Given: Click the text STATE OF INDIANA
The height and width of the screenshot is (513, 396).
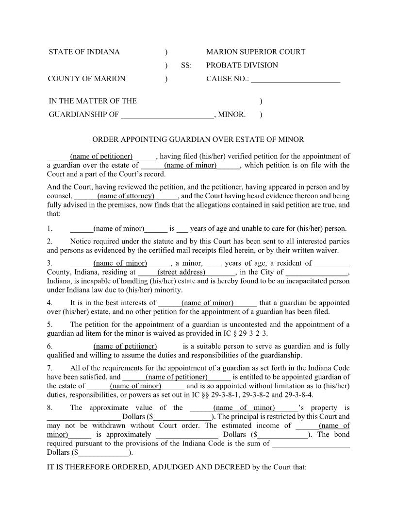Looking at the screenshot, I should [x=84, y=52].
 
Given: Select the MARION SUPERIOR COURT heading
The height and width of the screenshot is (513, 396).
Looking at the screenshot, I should [x=255, y=52].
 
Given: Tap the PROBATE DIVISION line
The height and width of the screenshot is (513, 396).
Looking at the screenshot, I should [x=242, y=65].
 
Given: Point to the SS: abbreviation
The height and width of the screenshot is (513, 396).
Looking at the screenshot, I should [x=186, y=65].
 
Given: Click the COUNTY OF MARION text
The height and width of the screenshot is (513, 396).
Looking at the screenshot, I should [x=87, y=79].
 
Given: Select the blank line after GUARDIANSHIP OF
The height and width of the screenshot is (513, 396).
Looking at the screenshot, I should [x=167, y=116].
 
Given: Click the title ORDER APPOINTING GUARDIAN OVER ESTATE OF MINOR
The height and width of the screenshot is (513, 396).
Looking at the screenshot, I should [x=198, y=139].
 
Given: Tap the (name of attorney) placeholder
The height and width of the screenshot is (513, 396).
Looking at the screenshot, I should [x=126, y=196].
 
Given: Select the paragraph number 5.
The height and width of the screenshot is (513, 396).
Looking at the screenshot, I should [x=49, y=325].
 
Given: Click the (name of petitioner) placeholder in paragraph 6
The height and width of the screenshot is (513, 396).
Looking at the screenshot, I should [x=125, y=346].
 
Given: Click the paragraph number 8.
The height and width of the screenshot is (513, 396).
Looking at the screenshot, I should [x=49, y=408].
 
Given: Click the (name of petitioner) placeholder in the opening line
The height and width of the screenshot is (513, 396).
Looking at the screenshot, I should [x=101, y=156].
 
